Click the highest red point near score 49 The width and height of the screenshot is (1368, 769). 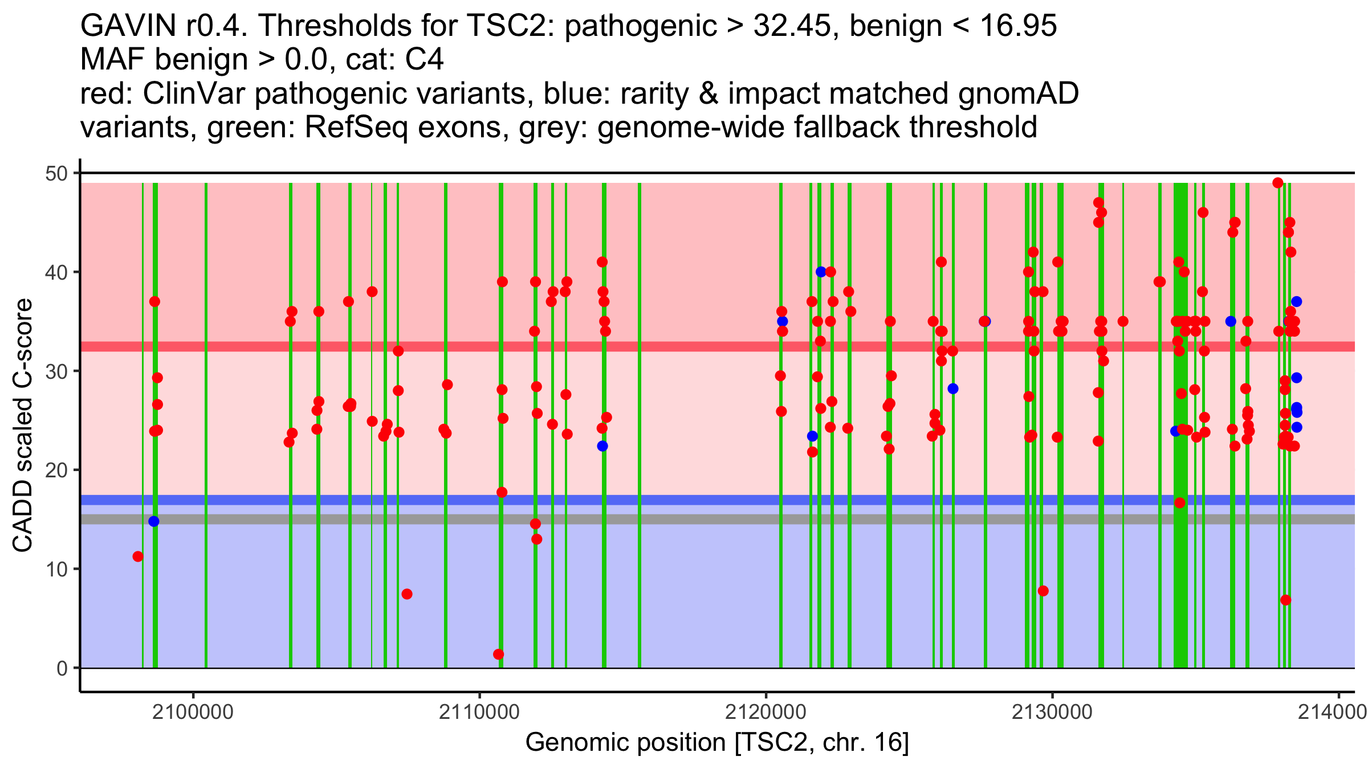[1278, 183]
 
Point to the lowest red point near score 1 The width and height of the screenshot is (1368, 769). [499, 654]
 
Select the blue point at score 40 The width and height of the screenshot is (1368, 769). [821, 272]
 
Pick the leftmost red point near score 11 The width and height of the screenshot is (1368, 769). [138, 557]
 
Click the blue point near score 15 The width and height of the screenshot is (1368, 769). [154, 521]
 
